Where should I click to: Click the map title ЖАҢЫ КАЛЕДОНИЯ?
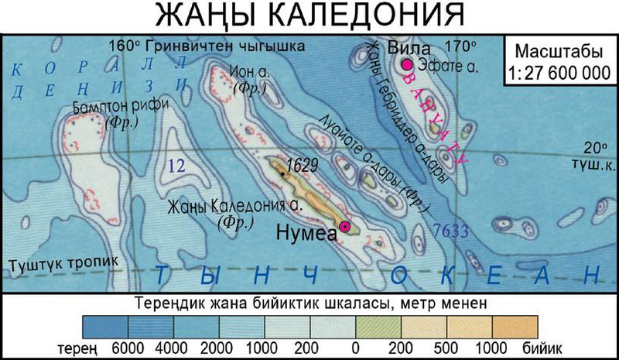[x=307, y=17]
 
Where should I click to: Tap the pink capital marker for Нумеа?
[x=345, y=225]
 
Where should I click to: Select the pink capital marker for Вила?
[x=407, y=66]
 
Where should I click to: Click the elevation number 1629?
[x=302, y=165]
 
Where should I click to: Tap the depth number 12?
[x=179, y=164]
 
